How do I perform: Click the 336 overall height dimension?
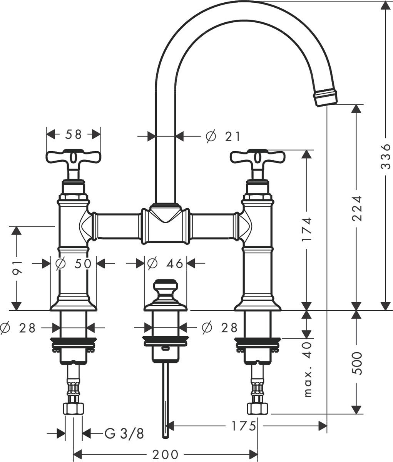(x=386, y=156)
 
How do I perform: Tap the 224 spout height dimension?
(x=356, y=208)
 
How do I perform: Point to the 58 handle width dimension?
(x=74, y=135)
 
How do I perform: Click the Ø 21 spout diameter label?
(x=223, y=136)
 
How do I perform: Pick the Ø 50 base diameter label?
(x=74, y=263)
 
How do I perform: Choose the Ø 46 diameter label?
(x=166, y=263)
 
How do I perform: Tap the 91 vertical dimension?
(x=17, y=268)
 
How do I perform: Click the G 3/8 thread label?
(x=124, y=434)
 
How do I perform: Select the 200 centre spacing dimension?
(x=166, y=454)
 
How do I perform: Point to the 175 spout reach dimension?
(x=244, y=426)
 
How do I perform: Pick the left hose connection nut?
(x=74, y=408)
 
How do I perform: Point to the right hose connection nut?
(x=258, y=408)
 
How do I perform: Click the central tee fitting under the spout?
(x=166, y=224)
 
